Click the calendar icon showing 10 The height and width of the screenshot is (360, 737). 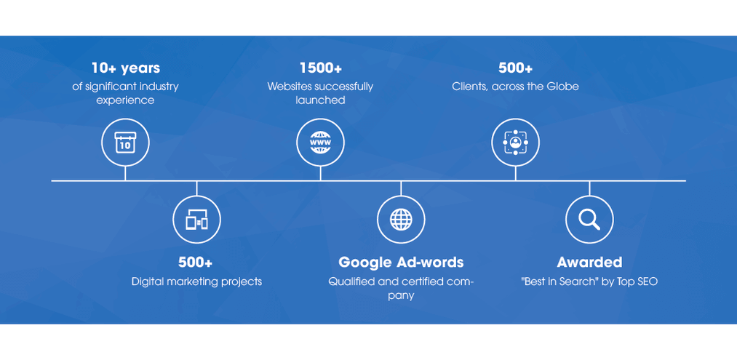[125, 143]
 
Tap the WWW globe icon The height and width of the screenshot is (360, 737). [321, 143]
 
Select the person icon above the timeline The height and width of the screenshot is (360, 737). [516, 143]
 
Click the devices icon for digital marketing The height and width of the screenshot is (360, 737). [196, 220]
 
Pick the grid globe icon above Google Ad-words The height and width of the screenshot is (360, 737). [401, 220]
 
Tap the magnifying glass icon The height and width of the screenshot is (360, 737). [589, 220]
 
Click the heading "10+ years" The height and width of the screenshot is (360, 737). [125, 68]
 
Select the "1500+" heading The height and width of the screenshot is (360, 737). [321, 68]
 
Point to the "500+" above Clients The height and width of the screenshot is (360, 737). [516, 68]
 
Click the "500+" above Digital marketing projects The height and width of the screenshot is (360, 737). [195, 263]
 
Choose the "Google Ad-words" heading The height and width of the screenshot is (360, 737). [401, 263]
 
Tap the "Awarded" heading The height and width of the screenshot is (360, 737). [589, 263]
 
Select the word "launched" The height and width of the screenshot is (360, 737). [321, 100]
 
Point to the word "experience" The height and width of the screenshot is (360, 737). [125, 100]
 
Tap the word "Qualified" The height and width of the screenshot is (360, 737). [347, 282]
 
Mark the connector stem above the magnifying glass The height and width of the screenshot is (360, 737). [589, 188]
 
